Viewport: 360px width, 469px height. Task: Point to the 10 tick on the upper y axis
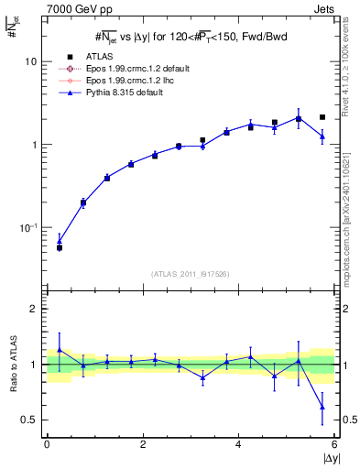30,61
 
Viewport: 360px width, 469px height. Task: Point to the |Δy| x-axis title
325,457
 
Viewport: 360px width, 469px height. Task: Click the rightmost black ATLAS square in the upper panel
322,117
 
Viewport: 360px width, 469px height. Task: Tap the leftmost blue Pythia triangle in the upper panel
60,241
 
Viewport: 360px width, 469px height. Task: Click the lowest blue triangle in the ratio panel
322,407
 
